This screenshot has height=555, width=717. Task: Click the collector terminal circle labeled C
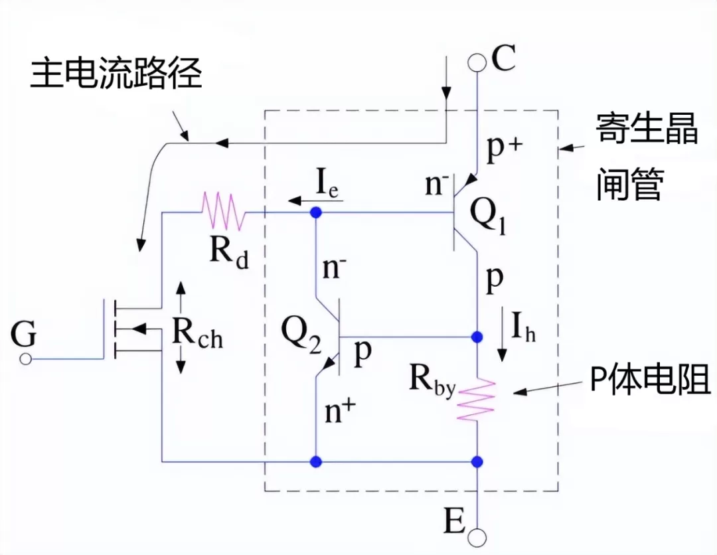coord(477,62)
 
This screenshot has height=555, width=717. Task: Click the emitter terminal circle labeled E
coord(477,536)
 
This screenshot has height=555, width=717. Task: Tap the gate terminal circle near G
coord(25,359)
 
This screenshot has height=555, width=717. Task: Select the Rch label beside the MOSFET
coord(197,331)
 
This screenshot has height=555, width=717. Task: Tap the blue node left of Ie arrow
coord(316,213)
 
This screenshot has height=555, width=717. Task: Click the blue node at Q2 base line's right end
coord(477,337)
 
